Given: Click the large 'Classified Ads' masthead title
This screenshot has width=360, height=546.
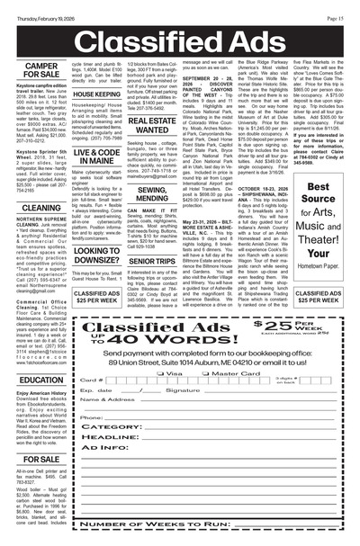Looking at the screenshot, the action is pos(180,33).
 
